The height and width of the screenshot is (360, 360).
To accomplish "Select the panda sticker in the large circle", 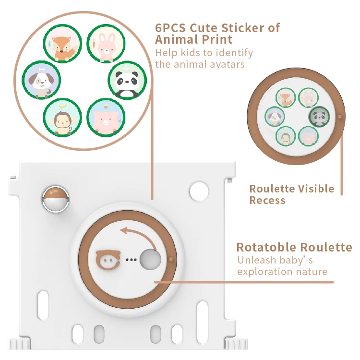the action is point(126,80).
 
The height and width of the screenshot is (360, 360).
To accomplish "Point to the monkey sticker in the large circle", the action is point(62,117).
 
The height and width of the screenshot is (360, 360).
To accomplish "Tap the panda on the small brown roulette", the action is point(319,116).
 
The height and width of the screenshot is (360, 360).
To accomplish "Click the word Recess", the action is point(267,200).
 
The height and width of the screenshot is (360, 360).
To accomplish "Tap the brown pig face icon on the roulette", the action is point(108,259).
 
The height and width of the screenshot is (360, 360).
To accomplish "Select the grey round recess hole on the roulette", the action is point(150,260).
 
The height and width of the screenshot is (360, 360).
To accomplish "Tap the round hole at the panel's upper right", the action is point(199,191).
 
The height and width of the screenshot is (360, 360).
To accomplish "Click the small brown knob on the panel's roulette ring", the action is point(170,260).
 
